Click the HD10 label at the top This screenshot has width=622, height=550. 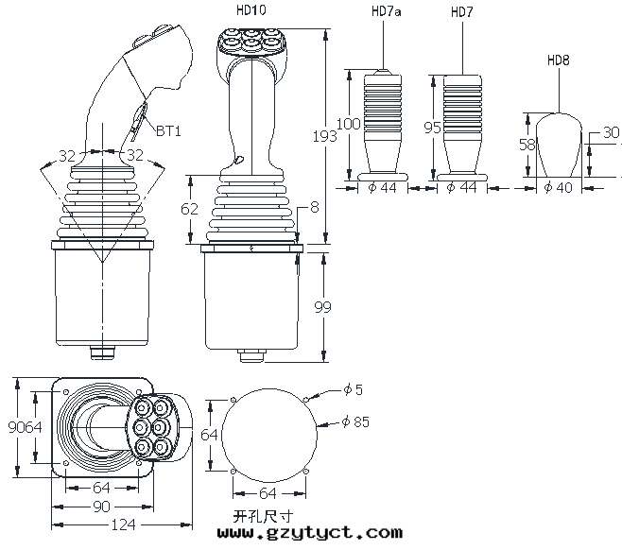(x=251, y=9)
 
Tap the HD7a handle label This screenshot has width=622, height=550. (x=386, y=11)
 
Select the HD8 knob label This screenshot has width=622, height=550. (x=558, y=60)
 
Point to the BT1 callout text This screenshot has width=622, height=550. (x=168, y=130)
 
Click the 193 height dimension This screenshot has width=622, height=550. (x=325, y=136)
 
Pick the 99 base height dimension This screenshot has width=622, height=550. (x=322, y=306)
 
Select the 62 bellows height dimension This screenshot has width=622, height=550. (x=189, y=209)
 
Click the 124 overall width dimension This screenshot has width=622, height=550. (x=124, y=525)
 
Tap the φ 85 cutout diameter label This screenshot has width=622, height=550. (x=355, y=421)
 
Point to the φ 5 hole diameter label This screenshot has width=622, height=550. (x=353, y=389)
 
